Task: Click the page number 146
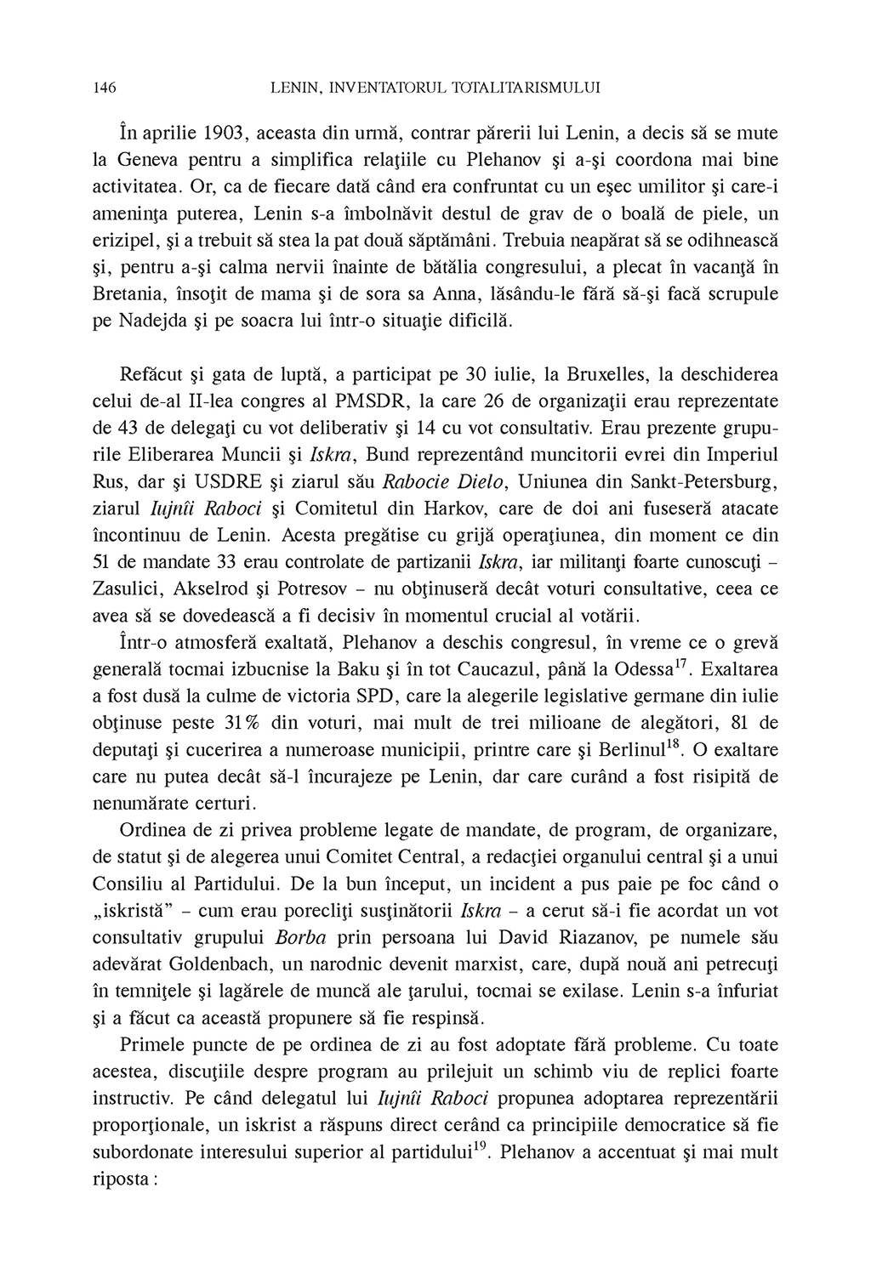tap(104, 87)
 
